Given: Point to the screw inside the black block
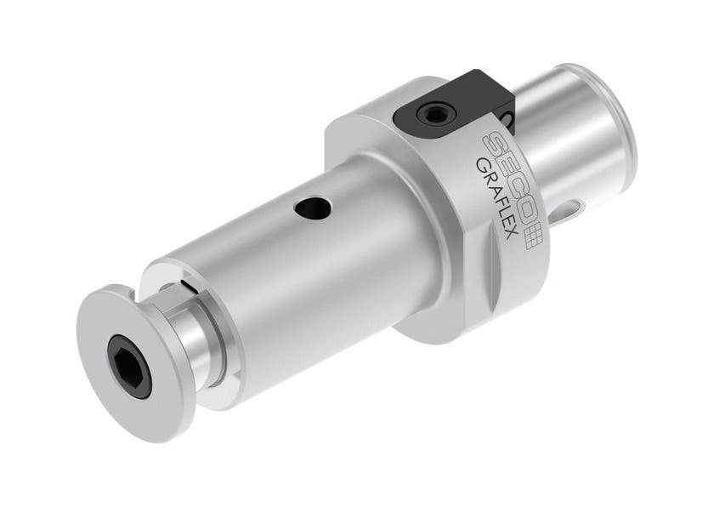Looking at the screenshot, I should [x=431, y=113].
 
